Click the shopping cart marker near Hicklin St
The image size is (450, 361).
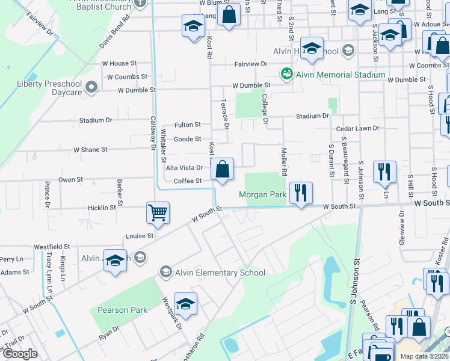[x=158, y=212]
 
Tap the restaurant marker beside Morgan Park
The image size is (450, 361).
[x=301, y=193]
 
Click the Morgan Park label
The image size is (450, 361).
[x=262, y=194]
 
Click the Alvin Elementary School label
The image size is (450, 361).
[x=220, y=273]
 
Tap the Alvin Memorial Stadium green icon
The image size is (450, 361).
[x=287, y=74]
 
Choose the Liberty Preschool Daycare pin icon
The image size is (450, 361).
[x=91, y=88]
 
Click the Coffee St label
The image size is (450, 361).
[x=188, y=181]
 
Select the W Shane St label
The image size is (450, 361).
[x=90, y=149]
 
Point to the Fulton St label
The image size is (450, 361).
[x=187, y=125]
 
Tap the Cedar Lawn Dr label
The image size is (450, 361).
[x=358, y=128]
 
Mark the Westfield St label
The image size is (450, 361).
[x=52, y=247]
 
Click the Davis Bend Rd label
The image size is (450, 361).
[x=114, y=32]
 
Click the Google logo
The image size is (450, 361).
[x=20, y=354]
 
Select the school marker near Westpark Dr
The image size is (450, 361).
[x=185, y=303]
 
